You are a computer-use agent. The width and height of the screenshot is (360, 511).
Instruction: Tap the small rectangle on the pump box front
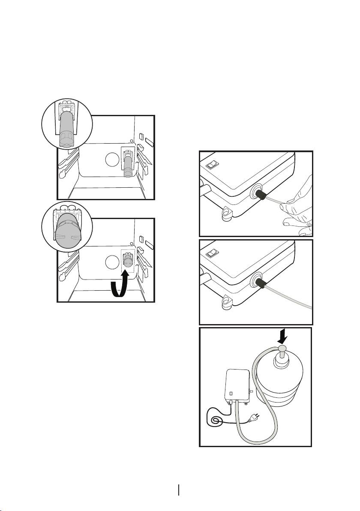[231, 392]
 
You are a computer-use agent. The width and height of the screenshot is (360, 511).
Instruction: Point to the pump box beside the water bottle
[237, 386]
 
